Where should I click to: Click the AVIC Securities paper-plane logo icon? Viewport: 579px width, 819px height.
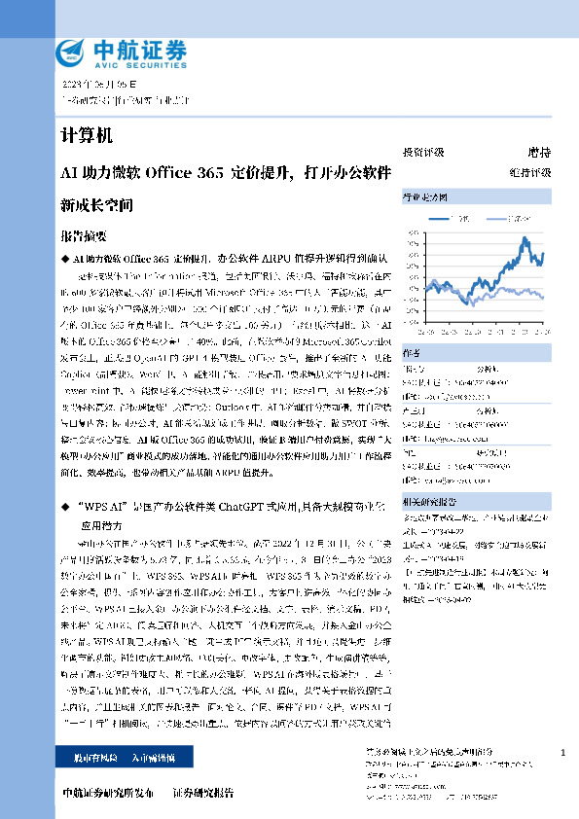tap(72, 52)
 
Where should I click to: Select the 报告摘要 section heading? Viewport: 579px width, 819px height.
tap(83, 236)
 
